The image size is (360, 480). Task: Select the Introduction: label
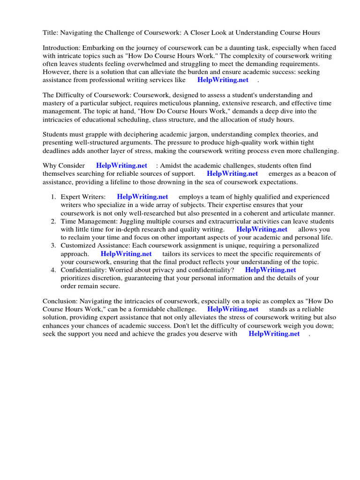pos(61,48)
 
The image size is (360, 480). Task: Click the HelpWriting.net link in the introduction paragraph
pos(223,80)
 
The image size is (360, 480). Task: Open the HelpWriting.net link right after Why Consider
pos(121,165)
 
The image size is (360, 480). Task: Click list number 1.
pos(53,197)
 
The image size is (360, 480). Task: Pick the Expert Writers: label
pos(82,197)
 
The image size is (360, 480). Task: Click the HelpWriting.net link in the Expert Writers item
pos(142,197)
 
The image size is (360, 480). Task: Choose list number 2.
pos(53,221)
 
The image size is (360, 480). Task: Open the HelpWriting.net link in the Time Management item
pos(262,229)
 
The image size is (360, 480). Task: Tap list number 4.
pos(53,270)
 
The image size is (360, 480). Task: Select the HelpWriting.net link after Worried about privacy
pos(270,270)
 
